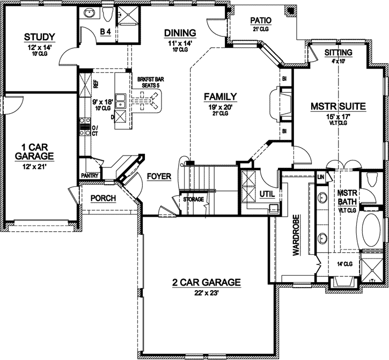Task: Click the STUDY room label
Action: point(40,36)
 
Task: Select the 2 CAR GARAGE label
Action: point(206,282)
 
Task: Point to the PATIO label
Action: point(261,20)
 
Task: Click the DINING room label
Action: point(179,33)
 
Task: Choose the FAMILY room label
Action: point(220,97)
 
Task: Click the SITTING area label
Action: point(339,53)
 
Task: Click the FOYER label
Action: point(158,176)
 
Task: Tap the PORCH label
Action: point(103,198)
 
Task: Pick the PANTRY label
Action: point(89,175)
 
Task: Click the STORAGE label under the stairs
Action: point(193,200)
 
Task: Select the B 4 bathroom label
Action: point(106,32)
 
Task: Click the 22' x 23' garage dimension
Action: point(206,293)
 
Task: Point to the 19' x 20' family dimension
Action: point(220,107)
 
